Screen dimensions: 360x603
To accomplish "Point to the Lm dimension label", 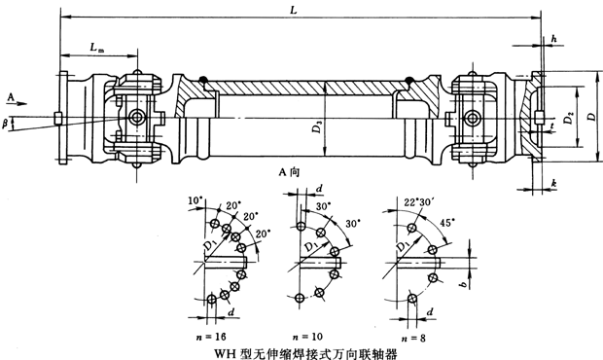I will [96, 47].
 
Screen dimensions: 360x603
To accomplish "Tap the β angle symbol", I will [9, 124].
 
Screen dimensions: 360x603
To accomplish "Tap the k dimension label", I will [552, 182].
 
